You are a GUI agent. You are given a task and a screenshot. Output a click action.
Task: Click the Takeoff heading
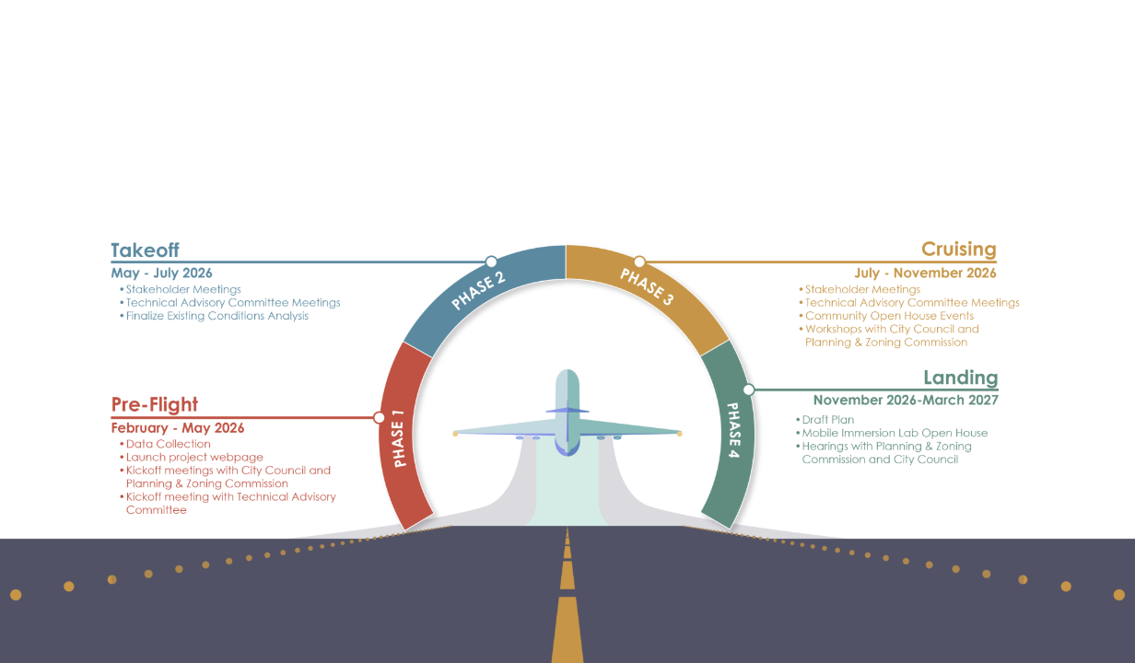coord(145,250)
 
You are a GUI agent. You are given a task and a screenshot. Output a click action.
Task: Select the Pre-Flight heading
coord(155,404)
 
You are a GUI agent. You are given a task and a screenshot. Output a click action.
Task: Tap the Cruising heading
coord(959,250)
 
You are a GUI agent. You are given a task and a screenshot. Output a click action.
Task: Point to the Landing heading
coord(961,378)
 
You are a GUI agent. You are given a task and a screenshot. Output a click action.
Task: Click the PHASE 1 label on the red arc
coord(399,438)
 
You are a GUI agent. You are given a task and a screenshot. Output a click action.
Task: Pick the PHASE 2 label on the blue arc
coord(478,290)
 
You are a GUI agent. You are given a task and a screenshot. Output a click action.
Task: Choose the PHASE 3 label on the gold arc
coord(647,286)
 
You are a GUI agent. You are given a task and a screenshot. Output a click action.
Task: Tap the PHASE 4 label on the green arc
coord(733,430)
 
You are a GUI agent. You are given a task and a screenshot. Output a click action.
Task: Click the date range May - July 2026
coord(161,273)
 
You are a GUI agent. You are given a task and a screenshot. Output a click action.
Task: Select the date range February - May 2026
coord(177,428)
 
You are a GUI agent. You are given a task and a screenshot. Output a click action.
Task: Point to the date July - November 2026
coord(925,273)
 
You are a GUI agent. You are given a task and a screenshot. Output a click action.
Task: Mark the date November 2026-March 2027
coord(906,401)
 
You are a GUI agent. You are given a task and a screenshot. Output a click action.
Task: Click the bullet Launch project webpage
coord(194,458)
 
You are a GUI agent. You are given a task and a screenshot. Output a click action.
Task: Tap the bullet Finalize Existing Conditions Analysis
coord(216,316)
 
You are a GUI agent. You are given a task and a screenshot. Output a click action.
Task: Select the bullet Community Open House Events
coord(889,316)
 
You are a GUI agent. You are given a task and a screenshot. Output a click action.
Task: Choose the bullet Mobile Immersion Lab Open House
coord(895,433)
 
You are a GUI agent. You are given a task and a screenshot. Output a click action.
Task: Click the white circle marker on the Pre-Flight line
coord(379,418)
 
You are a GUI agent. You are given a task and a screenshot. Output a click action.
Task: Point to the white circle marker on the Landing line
coord(749,390)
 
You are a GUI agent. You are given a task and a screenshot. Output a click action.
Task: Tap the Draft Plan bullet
coord(828,420)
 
